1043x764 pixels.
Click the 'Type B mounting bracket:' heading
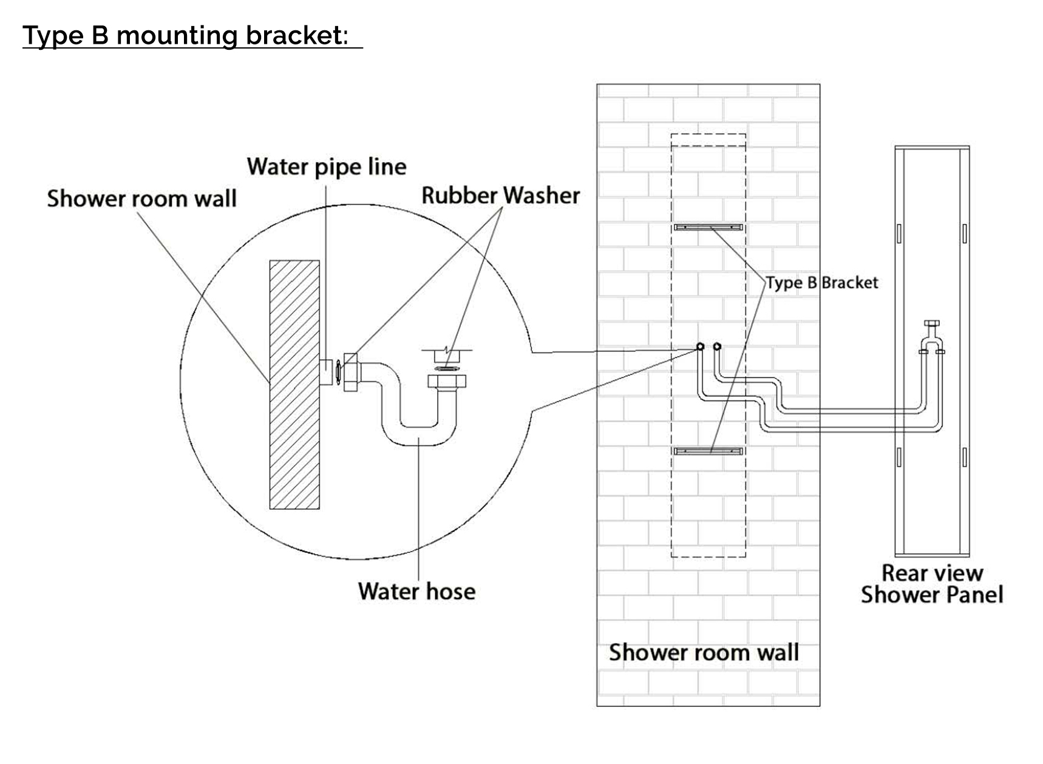coord(185,36)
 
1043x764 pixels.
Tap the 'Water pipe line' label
coord(326,166)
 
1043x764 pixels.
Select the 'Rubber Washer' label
coord(500,195)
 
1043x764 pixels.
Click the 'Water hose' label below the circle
coord(416,591)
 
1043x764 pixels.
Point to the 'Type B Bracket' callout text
coord(821,283)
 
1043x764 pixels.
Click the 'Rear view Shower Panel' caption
coord(932,584)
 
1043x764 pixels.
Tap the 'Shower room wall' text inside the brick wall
coord(704,652)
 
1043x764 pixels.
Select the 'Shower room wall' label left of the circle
coord(141,198)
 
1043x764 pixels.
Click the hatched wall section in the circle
coord(294,385)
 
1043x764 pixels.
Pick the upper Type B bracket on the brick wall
coord(708,228)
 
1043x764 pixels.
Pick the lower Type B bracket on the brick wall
coord(708,451)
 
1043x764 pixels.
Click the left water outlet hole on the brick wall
coord(700,347)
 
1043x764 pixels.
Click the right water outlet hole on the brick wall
coord(717,347)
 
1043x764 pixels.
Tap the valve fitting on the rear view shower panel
coord(931,337)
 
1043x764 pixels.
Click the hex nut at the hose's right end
coord(447,382)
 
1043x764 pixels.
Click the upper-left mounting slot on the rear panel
coord(899,234)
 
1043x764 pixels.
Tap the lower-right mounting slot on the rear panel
coord(964,457)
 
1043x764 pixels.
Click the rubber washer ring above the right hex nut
coord(447,368)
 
